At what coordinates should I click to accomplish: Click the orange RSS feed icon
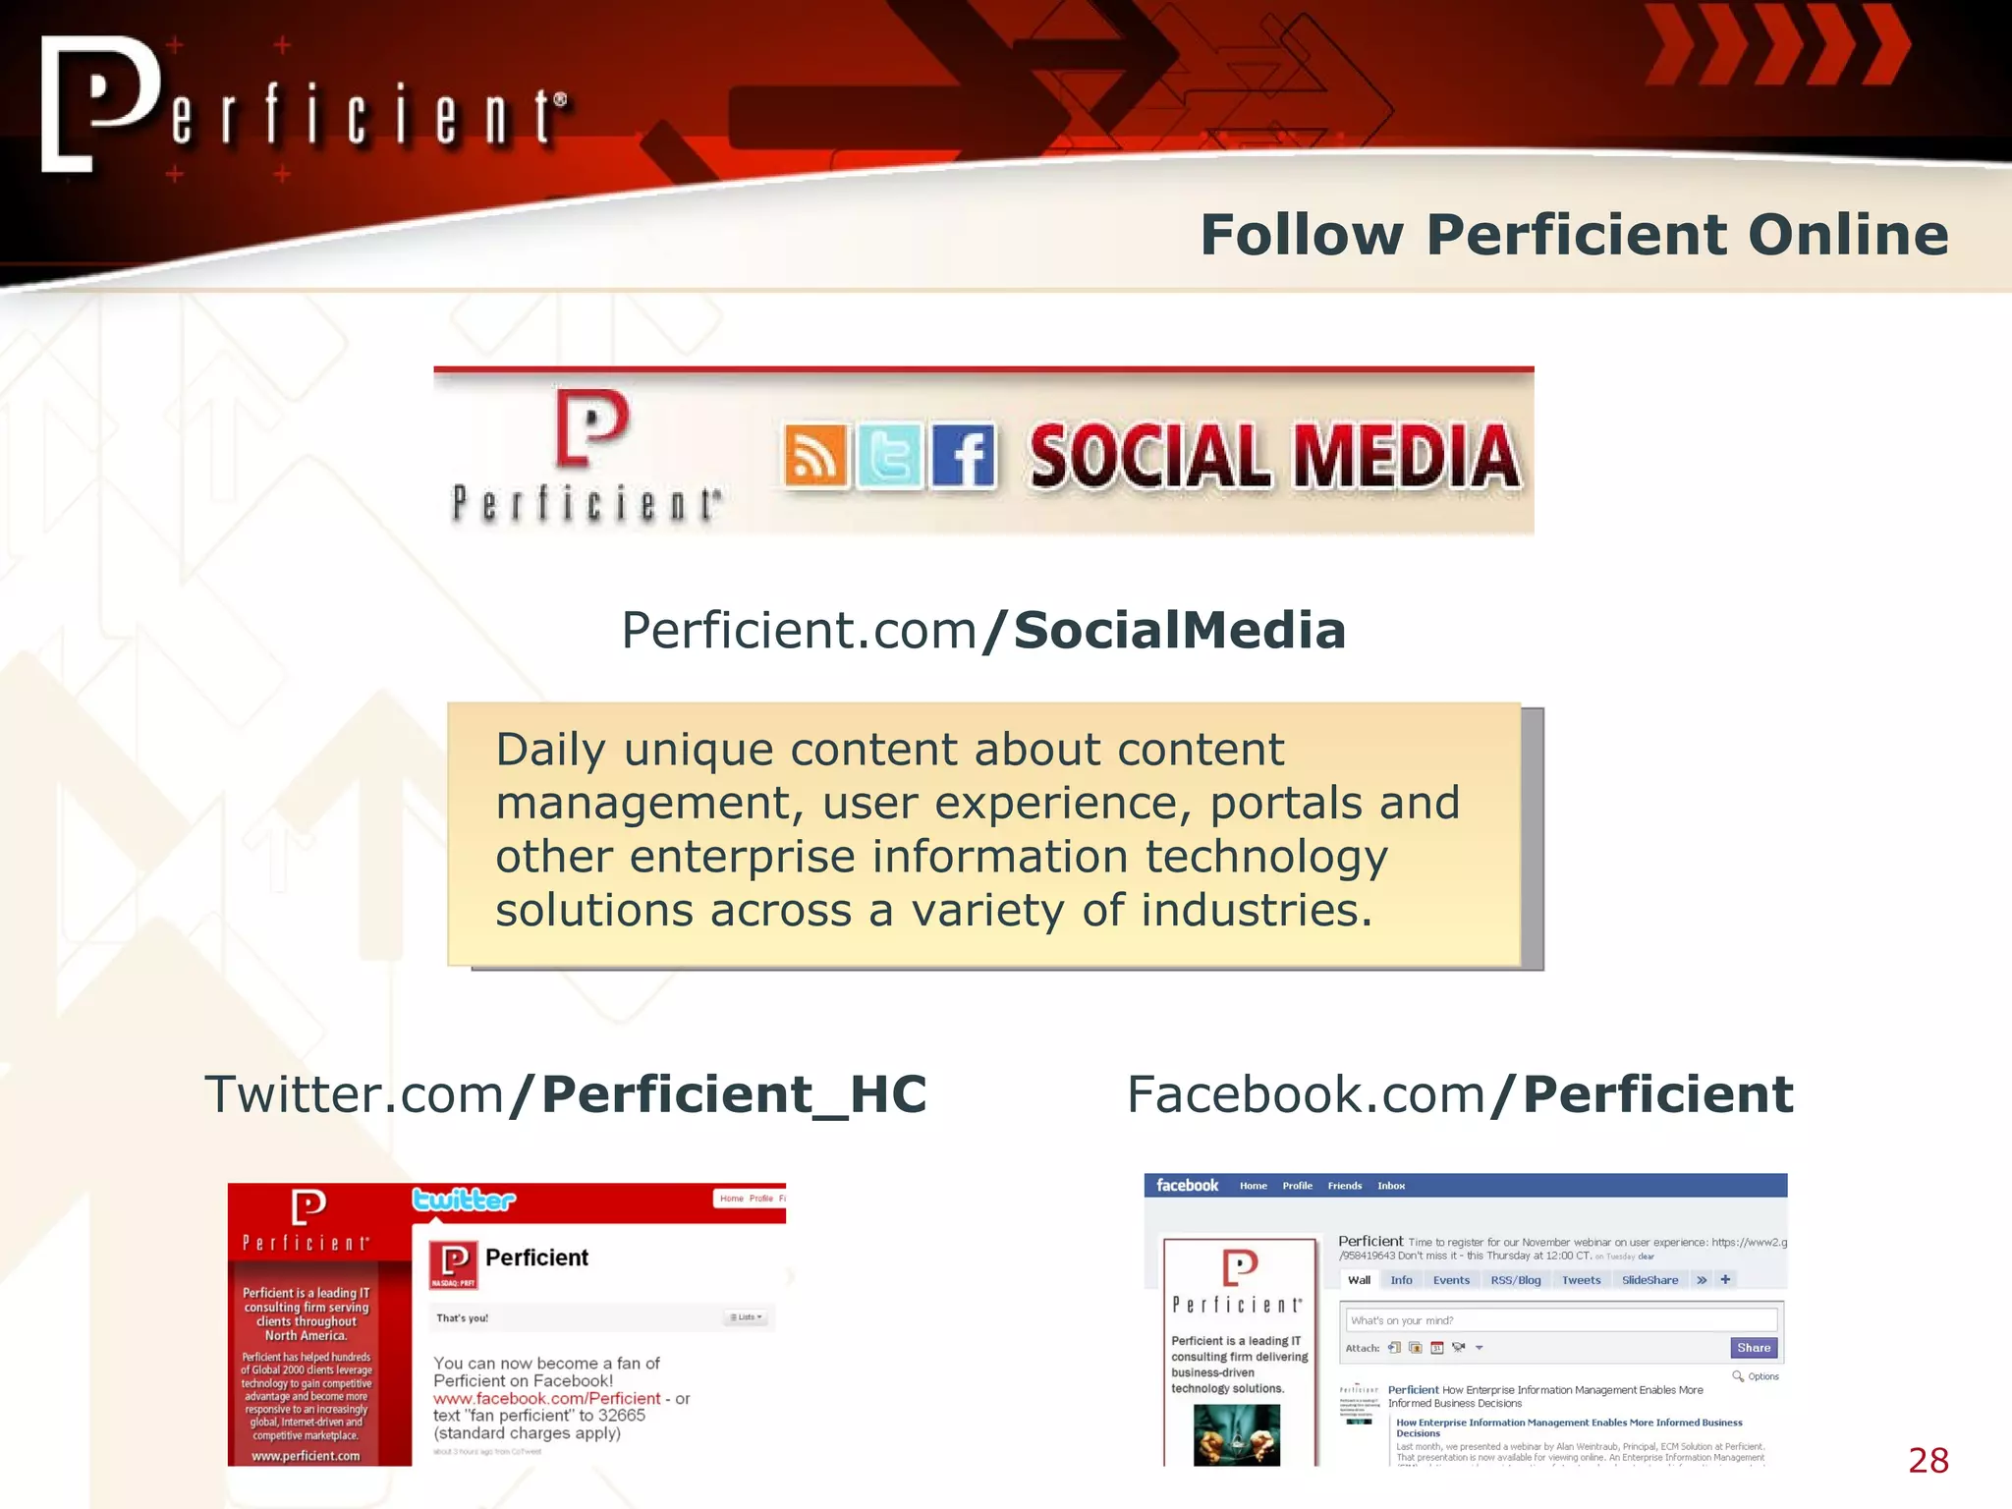815,457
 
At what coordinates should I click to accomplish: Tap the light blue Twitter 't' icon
889,457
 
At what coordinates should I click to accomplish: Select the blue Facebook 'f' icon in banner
964,457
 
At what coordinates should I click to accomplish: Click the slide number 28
1928,1461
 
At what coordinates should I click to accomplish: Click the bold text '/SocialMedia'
1163,631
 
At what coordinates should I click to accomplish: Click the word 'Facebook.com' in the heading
1306,1094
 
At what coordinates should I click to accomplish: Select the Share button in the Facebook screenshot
1754,1348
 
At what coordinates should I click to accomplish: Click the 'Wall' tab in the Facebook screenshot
1359,1280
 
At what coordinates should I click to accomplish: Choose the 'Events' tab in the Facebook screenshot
1451,1280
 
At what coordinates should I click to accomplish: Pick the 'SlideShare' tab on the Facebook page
1649,1280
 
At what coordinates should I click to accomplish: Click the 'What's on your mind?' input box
1560,1320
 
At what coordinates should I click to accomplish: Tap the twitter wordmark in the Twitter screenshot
464,1200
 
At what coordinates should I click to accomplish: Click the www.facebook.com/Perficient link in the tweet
547,1398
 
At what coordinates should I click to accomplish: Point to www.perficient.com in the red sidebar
306,1456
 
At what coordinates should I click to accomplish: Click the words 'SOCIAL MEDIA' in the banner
1274,457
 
